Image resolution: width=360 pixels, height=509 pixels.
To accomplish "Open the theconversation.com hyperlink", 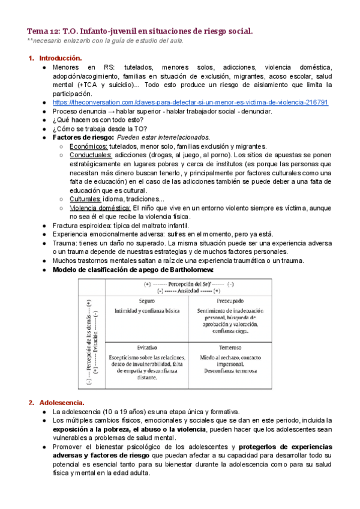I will pyautogui.click(x=199, y=103).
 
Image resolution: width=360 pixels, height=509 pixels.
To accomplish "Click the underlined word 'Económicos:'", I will pyautogui.click(x=89, y=146).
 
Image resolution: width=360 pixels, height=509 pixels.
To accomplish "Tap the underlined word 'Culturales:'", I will pyautogui.click(x=85, y=199).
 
